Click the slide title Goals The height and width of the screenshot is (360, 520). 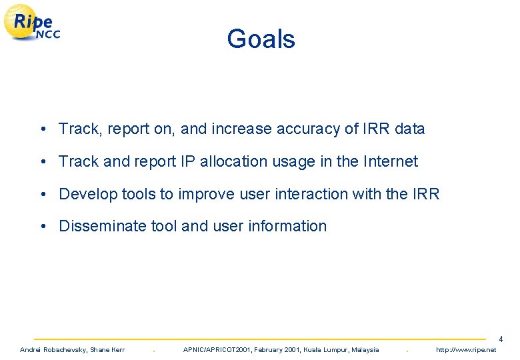[x=261, y=39]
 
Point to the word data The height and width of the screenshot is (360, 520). [x=409, y=129]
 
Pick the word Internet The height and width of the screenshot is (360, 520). [x=389, y=161]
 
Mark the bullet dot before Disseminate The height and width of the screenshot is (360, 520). [x=42, y=226]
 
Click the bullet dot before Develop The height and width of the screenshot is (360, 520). [x=42, y=194]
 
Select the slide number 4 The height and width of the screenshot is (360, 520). [x=501, y=339]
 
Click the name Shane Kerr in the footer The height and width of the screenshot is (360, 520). [x=107, y=350]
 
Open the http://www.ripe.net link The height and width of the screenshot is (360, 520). [x=466, y=350]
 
